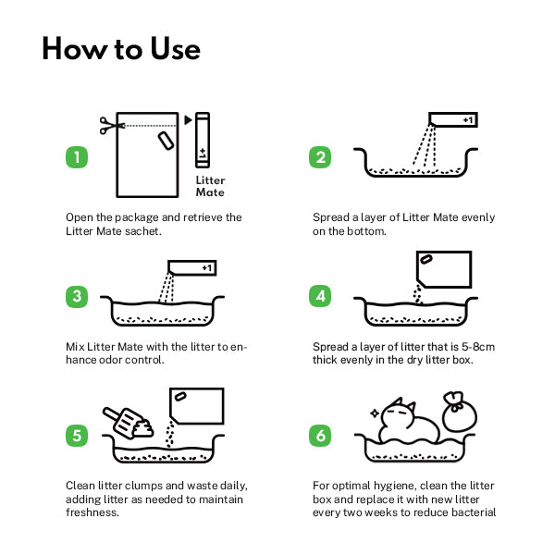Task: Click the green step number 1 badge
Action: pyautogui.click(x=77, y=157)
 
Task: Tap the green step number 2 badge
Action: pyautogui.click(x=320, y=157)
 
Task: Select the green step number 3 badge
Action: pyautogui.click(x=77, y=296)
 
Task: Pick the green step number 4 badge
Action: pyautogui.click(x=320, y=296)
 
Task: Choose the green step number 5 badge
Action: pyautogui.click(x=77, y=436)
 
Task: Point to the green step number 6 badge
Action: pyautogui.click(x=320, y=436)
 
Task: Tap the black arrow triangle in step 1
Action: pyautogui.click(x=188, y=120)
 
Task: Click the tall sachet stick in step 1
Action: pyautogui.click(x=203, y=140)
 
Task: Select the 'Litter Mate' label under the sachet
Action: pyautogui.click(x=210, y=187)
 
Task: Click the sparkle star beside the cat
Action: pyautogui.click(x=375, y=413)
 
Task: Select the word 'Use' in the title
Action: pyautogui.click(x=175, y=49)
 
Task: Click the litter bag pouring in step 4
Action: pyautogui.click(x=444, y=269)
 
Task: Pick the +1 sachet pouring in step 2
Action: pyautogui.click(x=452, y=120)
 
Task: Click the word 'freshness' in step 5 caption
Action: pyautogui.click(x=92, y=512)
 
